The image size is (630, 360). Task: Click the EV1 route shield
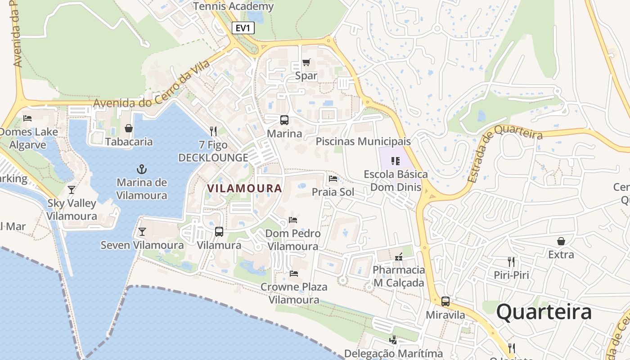[x=243, y=28]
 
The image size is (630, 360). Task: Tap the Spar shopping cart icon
[x=306, y=62]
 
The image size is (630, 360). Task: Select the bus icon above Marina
[x=284, y=120]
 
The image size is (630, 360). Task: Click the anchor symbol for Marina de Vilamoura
[x=142, y=169]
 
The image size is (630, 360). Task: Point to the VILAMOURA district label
[x=245, y=188]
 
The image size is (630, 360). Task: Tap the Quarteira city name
[x=544, y=312]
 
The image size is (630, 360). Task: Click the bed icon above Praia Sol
[x=333, y=179]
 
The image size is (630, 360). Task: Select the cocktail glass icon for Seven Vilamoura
[x=142, y=232]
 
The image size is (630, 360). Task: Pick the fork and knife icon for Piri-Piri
[x=511, y=262]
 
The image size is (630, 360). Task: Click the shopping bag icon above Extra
[x=561, y=241]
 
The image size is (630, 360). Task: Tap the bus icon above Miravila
[x=445, y=301]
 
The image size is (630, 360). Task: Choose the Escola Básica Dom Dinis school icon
[x=396, y=161]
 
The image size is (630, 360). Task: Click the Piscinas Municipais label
[x=363, y=141]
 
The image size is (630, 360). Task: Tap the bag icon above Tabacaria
[x=129, y=128]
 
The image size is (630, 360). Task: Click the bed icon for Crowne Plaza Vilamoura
[x=294, y=273]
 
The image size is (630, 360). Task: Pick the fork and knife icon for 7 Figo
[x=213, y=131]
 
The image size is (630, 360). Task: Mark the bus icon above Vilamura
[x=219, y=232]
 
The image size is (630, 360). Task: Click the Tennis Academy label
[x=233, y=6]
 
